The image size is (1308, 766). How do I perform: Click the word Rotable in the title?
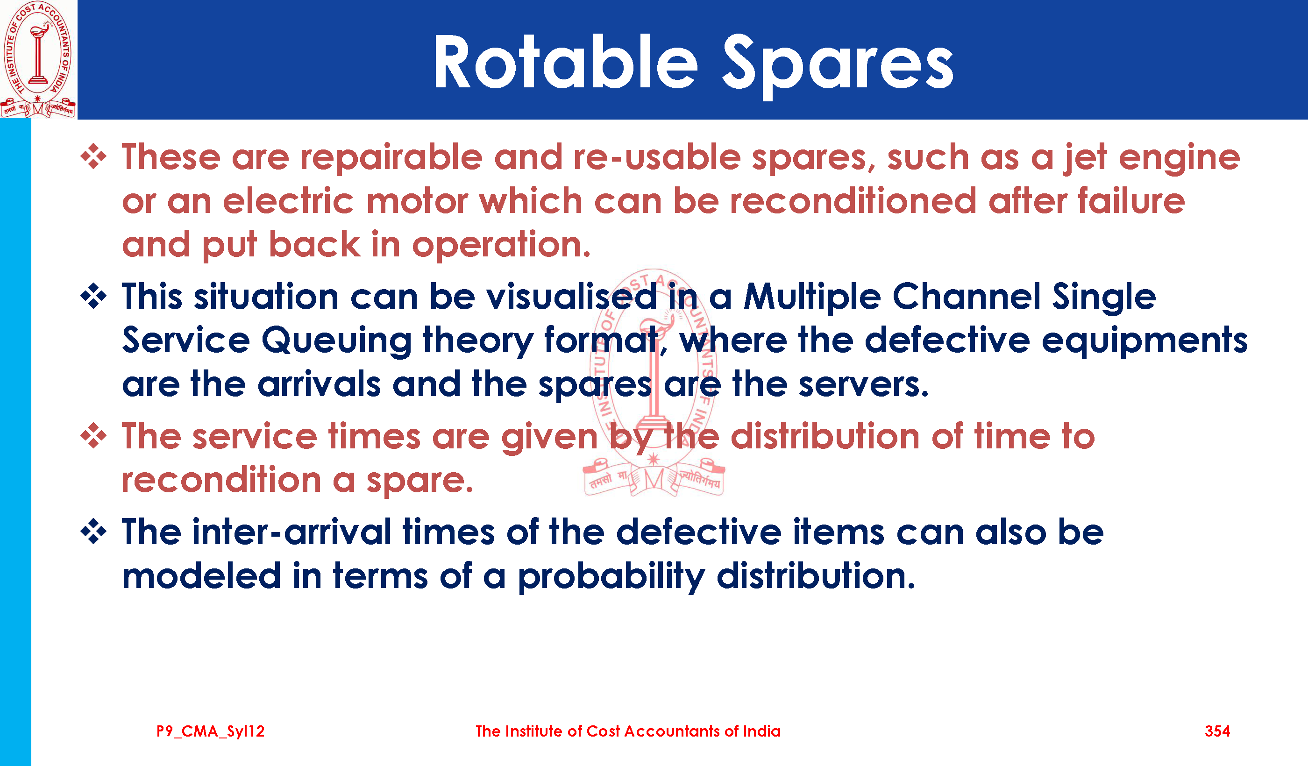click(566, 62)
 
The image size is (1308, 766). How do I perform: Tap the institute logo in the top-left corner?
click(38, 59)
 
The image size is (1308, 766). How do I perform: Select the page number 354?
click(1217, 731)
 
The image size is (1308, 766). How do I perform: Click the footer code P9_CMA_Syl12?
click(210, 732)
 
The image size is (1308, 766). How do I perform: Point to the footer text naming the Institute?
click(628, 731)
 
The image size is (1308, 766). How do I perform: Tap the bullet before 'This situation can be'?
click(93, 296)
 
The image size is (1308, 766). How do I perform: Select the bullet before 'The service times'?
click(93, 436)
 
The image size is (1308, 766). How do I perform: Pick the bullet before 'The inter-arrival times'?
click(93, 532)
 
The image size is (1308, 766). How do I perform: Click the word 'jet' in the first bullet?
click(1085, 158)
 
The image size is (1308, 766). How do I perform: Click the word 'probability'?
click(611, 578)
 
